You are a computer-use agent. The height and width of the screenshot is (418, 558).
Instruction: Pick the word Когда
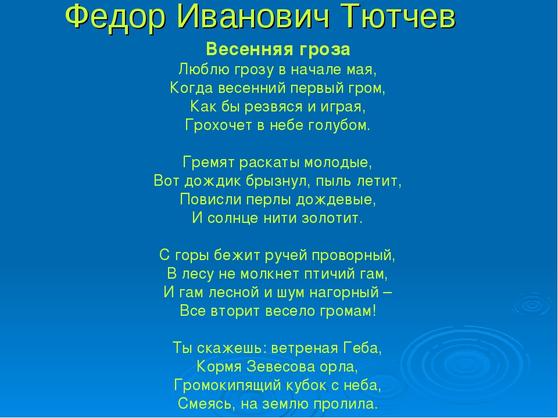point(191,88)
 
